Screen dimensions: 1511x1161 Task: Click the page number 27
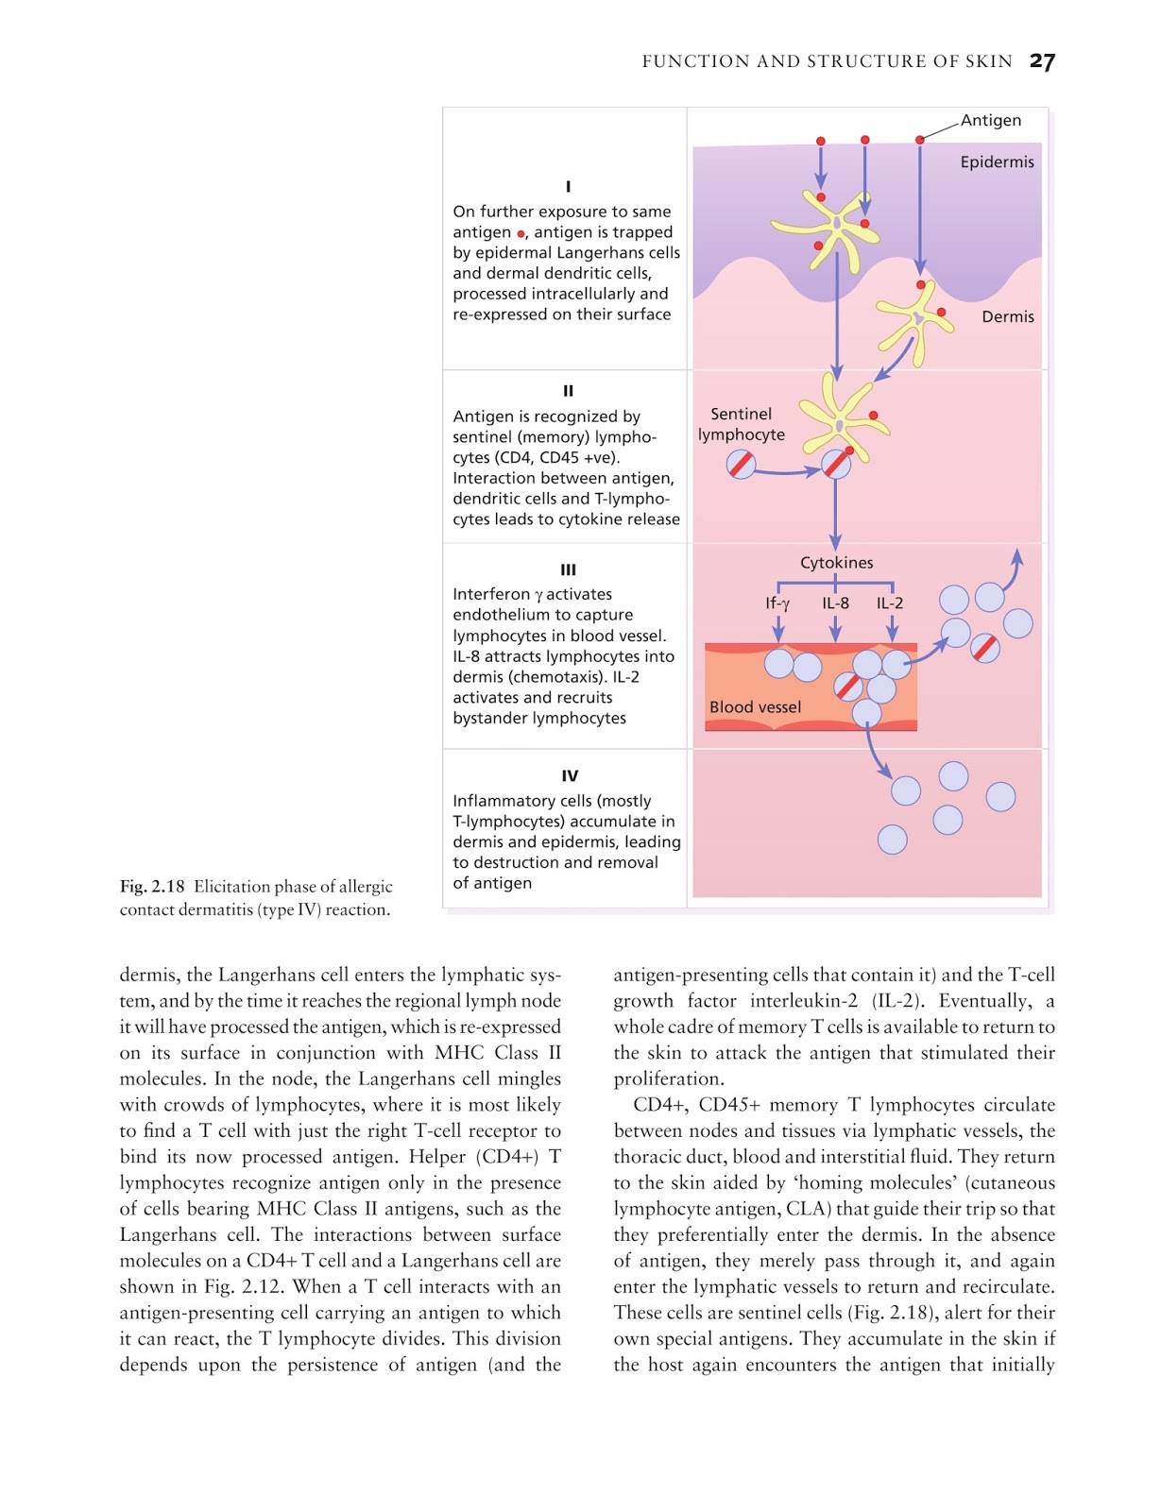point(1042,61)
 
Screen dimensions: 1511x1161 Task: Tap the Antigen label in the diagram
point(991,120)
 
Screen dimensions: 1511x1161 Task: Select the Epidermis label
point(997,161)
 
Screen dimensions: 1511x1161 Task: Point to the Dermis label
point(1007,316)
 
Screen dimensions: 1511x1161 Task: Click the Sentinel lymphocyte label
point(742,424)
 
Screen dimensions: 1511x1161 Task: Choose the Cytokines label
point(836,562)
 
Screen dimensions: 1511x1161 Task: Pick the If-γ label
point(777,603)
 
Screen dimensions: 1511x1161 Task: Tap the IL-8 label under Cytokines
point(835,603)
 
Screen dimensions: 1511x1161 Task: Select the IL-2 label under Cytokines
point(890,603)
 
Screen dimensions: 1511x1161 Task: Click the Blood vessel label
point(755,706)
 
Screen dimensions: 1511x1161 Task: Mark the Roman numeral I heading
point(568,186)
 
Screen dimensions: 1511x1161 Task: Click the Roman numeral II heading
point(568,390)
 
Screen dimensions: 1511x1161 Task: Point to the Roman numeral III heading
point(568,569)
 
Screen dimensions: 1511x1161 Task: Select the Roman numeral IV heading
point(570,775)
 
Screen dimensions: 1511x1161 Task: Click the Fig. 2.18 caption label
point(152,886)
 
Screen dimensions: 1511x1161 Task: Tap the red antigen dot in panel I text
point(521,233)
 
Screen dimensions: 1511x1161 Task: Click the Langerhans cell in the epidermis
point(834,227)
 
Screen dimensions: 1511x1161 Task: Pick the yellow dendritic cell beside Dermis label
point(914,321)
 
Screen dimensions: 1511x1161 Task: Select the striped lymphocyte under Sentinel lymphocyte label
point(741,464)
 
